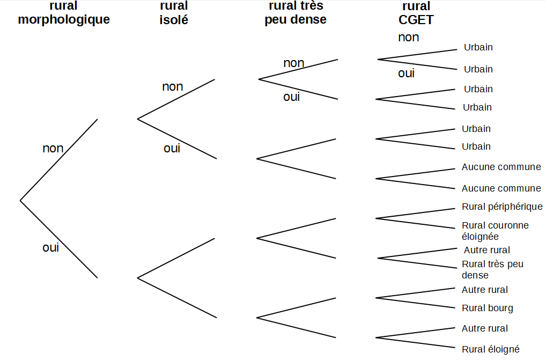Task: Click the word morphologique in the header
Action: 64,20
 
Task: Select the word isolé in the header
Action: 174,20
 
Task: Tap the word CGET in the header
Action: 416,20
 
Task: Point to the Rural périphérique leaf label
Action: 502,207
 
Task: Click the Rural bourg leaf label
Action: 487,308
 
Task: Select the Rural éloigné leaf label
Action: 490,349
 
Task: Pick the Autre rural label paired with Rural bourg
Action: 484,290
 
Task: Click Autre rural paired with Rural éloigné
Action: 484,328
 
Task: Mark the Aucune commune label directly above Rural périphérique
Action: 501,188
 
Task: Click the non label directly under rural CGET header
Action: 408,38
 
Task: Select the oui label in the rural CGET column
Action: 406,74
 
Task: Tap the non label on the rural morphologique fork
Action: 53,149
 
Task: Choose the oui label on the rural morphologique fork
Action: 50,248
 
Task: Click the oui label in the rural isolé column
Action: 172,149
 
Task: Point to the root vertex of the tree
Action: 20,201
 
